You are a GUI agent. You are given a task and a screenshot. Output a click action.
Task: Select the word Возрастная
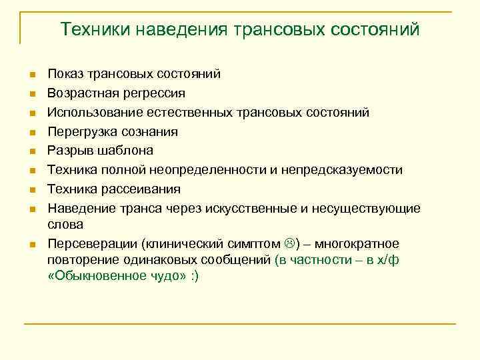[x=83, y=93]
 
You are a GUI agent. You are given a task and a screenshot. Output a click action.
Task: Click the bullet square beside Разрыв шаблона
[x=31, y=151]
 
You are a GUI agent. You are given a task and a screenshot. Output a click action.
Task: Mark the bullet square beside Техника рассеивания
[x=31, y=189]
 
